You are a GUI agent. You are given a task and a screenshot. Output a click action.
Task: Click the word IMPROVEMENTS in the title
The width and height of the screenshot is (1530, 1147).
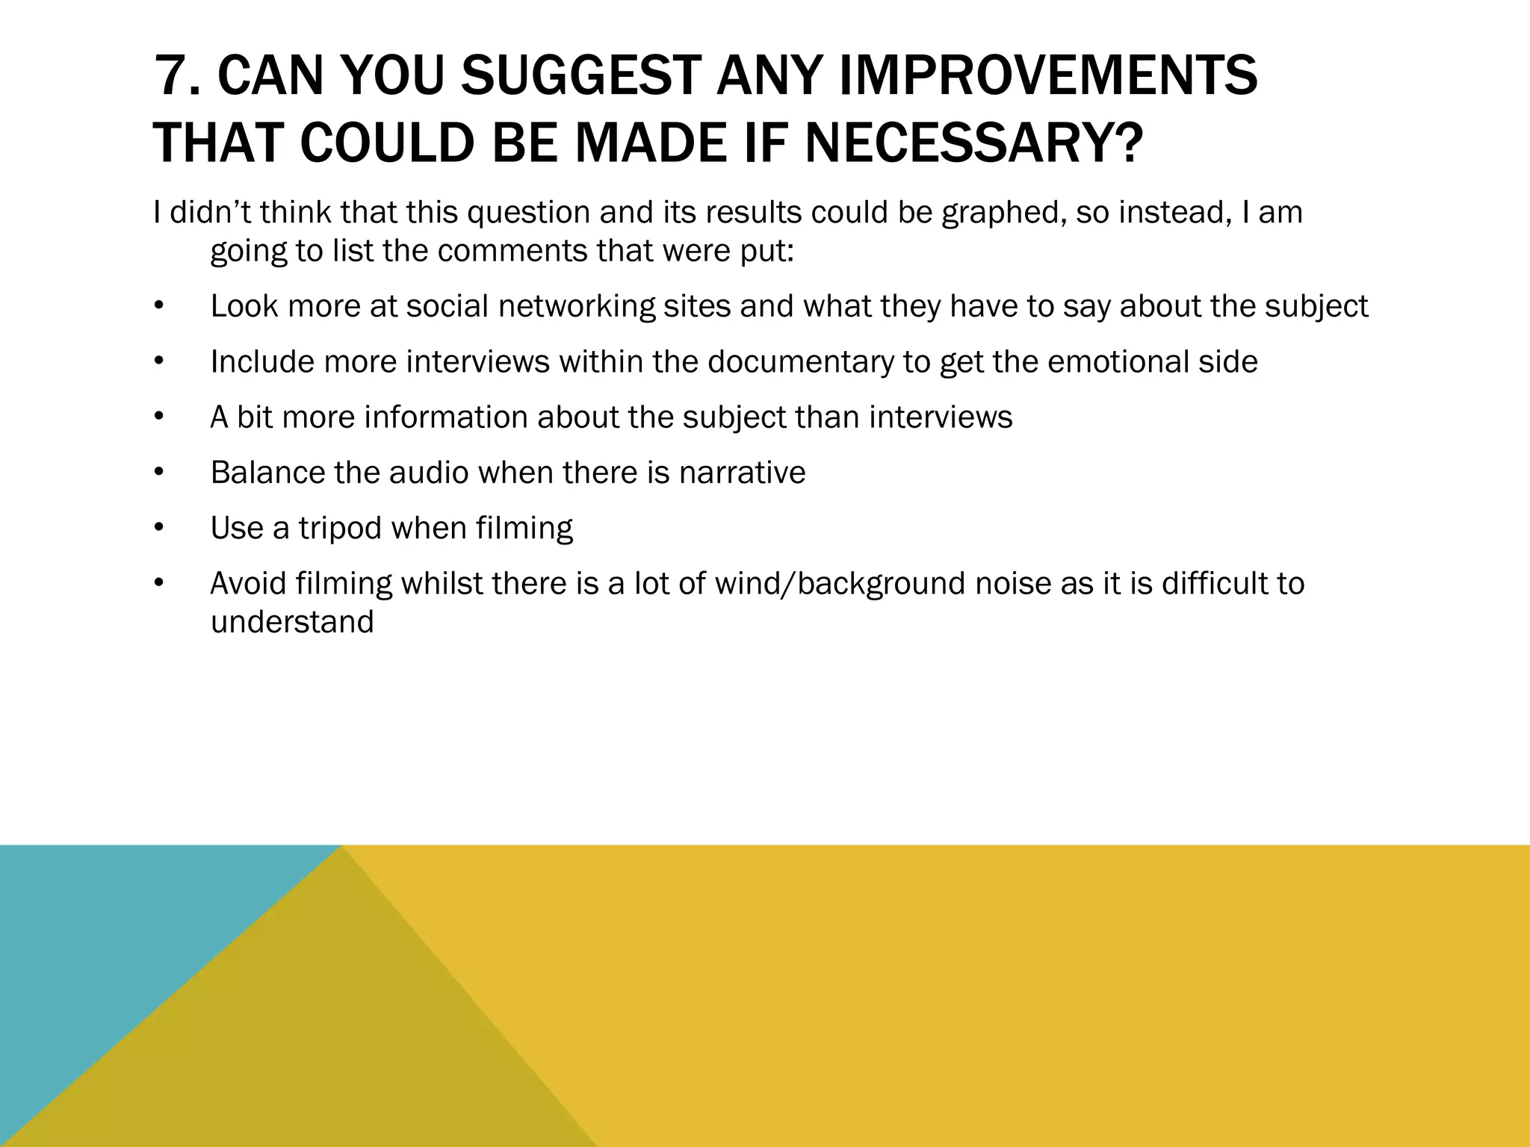pyautogui.click(x=1048, y=76)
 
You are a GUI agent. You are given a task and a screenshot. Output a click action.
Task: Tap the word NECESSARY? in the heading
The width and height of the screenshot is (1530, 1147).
pyautogui.click(x=973, y=143)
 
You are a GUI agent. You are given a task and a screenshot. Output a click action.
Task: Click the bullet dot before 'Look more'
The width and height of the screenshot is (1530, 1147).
pyautogui.click(x=158, y=306)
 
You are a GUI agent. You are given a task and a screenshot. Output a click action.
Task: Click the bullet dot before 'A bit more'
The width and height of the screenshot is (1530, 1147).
pyautogui.click(x=158, y=417)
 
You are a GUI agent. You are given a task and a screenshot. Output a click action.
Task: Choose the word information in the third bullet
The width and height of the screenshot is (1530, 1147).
pyautogui.click(x=446, y=417)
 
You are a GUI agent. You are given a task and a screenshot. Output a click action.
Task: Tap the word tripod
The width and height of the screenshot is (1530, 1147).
pyautogui.click(x=340, y=529)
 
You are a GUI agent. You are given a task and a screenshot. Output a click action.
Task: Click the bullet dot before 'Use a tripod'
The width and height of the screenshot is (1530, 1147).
pyautogui.click(x=158, y=529)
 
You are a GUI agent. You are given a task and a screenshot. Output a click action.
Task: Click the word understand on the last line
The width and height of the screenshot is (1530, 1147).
pyautogui.click(x=292, y=622)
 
